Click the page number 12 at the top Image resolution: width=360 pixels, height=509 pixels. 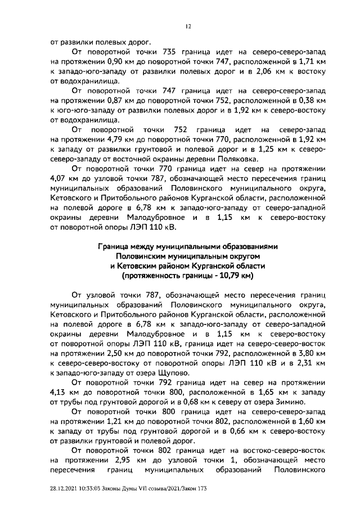[189, 26]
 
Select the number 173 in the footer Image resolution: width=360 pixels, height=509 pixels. [202, 489]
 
